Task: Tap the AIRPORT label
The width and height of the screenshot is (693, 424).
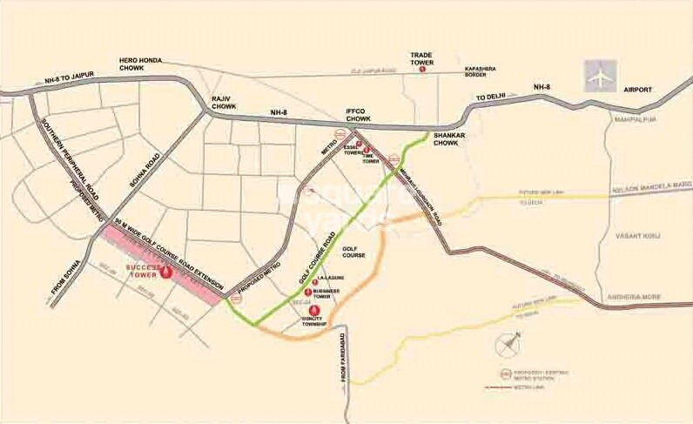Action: (x=658, y=89)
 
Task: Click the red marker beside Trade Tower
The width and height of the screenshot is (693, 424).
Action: (x=422, y=69)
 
